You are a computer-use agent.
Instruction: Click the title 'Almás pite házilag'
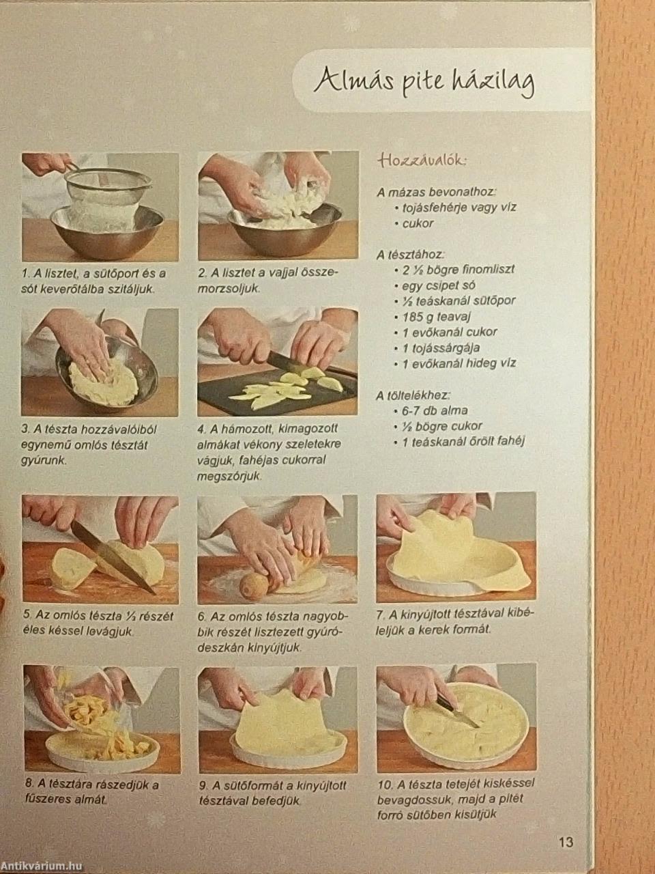tap(424, 83)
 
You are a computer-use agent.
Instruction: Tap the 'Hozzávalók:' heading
tap(422, 161)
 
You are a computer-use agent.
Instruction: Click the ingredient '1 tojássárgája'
tap(441, 348)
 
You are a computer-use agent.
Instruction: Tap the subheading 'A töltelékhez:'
tap(413, 395)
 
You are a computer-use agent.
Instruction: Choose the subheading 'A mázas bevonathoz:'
tap(436, 193)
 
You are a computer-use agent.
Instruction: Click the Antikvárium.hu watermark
tap(42, 864)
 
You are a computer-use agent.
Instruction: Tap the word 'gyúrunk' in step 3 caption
tap(44, 461)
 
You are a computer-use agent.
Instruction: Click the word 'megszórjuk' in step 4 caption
tap(229, 476)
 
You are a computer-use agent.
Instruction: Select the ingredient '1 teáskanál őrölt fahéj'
tap(464, 442)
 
